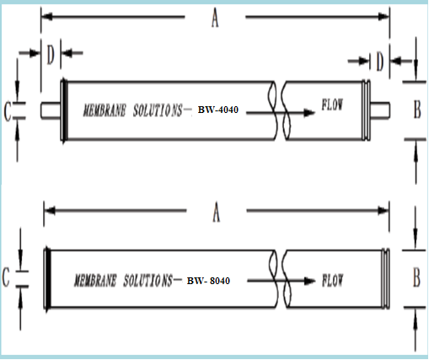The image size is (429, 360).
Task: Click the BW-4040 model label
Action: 218,110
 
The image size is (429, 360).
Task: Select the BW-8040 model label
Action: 208,281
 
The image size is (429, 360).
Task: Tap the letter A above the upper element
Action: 215,18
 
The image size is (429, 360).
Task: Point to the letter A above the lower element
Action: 216,212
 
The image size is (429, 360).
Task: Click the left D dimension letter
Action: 51,55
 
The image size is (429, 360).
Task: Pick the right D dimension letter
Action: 380,62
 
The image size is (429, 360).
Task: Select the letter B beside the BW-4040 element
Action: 417,110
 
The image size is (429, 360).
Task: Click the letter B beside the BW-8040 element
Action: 416,277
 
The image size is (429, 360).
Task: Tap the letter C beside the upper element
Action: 8,111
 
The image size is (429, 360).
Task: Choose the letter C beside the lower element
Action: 6,277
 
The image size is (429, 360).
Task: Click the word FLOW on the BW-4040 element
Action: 332,105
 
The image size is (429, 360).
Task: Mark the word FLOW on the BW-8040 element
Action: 333,280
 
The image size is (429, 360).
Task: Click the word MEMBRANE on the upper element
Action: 105,110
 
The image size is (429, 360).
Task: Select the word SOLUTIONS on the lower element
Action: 148,281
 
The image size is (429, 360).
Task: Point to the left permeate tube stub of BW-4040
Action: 51,110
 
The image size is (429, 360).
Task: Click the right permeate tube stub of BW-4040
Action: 380,110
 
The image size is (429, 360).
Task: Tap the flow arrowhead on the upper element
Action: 309,113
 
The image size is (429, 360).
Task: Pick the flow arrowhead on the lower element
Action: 310,281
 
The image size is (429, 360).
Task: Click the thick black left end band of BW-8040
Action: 48,278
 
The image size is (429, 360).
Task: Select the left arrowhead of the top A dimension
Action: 48,17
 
